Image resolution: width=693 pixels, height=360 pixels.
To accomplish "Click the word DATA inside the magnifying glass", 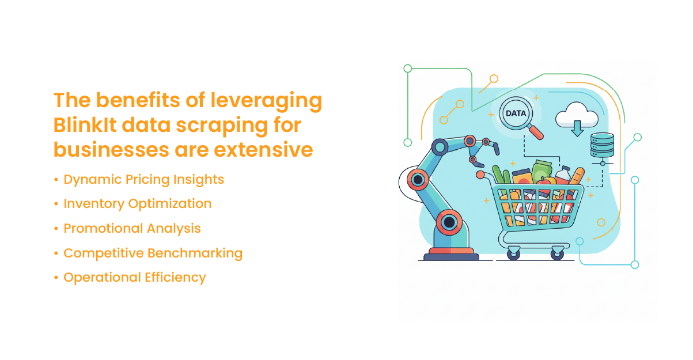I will tap(516, 113).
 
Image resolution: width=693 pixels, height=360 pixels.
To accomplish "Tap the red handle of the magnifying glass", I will tap(535, 132).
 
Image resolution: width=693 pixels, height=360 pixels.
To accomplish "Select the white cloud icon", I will tap(576, 116).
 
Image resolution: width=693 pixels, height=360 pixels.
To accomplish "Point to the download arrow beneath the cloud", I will tap(577, 128).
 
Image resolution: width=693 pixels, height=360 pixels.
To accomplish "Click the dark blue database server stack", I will tap(603, 145).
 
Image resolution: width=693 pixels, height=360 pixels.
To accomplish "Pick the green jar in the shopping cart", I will tap(541, 170).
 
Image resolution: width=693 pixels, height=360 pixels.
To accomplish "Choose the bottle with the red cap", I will tap(563, 176).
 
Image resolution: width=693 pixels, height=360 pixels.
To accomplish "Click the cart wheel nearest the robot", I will tap(513, 253).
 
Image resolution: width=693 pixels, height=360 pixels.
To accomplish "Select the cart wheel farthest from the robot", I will tap(558, 253).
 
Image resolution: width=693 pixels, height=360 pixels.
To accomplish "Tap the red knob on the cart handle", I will tap(480, 175).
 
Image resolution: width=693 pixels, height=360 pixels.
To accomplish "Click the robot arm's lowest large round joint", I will tap(449, 222).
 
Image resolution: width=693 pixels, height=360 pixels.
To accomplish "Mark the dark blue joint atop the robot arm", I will tap(440, 147).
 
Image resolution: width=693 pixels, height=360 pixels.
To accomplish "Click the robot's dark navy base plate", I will tap(451, 257).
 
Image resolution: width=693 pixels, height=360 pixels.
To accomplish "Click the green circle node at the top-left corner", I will tap(408, 69).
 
